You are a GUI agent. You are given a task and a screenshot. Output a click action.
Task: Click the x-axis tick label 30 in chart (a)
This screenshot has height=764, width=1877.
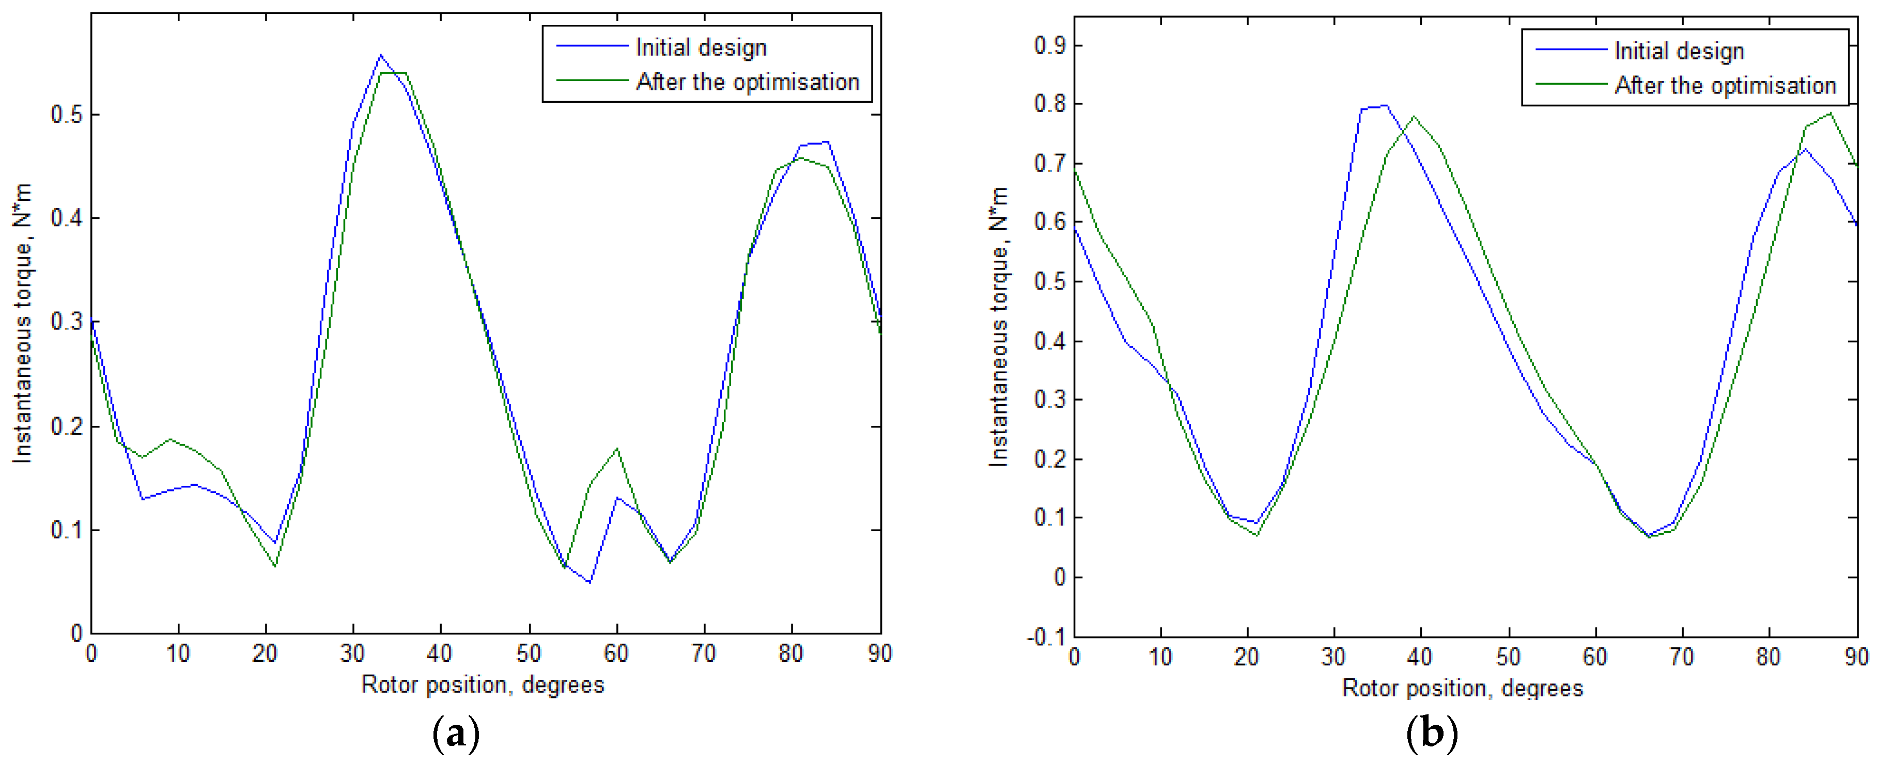tap(353, 654)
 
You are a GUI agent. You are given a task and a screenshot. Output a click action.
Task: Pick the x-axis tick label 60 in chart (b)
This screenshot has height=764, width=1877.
tap(1595, 657)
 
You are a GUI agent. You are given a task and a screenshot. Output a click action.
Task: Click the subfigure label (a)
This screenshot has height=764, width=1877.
tap(456, 734)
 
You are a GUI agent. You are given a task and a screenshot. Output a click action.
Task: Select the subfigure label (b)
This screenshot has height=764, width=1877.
tap(1431, 734)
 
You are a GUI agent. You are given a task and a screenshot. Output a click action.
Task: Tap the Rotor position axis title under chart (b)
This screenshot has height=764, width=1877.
tap(1463, 688)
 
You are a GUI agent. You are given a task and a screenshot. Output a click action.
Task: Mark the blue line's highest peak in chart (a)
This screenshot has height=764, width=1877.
tap(380, 55)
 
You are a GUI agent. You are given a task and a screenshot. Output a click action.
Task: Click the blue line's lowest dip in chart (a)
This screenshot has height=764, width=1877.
tap(590, 582)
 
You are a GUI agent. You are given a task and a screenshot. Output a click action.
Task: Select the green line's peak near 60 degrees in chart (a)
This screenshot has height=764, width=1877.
tap(617, 449)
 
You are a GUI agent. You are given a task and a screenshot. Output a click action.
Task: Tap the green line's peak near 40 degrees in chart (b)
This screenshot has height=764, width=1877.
tap(1414, 117)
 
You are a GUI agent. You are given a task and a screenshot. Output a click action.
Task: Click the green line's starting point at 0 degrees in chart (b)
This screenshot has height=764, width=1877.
tap(1075, 169)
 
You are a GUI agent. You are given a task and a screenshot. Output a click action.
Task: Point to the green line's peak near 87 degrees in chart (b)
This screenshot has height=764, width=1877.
tap(1829, 114)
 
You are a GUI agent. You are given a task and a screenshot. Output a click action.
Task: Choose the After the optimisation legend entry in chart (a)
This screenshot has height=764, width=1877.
tap(748, 82)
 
